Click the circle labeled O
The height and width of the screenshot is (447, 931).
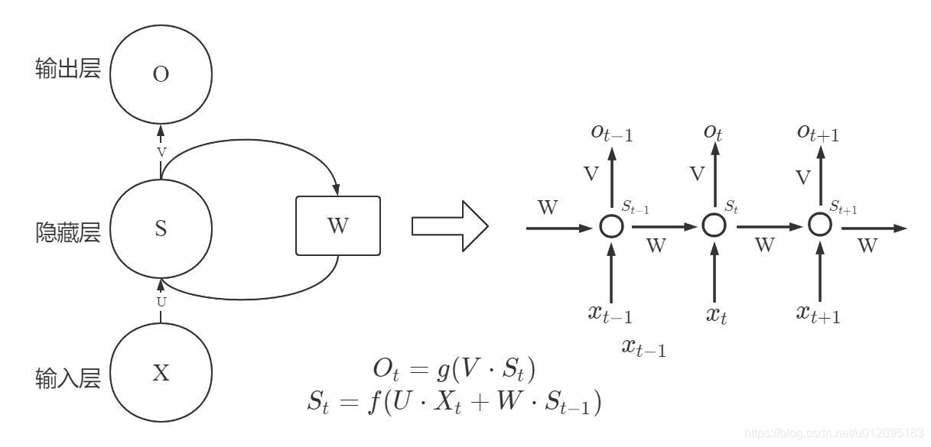coord(161,74)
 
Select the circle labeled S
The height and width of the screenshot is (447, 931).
coord(161,228)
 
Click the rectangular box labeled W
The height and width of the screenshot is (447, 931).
coord(337,225)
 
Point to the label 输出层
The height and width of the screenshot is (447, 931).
coord(68,71)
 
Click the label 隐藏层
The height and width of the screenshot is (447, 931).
coord(68,232)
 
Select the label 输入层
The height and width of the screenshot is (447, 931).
coord(68,377)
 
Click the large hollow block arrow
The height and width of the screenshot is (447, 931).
coord(449,227)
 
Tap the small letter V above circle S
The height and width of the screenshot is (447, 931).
coord(161,152)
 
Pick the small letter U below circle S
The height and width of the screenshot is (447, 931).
coord(161,301)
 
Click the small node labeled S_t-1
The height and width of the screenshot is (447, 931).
coord(610,226)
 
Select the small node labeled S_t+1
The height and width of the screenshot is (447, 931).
coord(820,225)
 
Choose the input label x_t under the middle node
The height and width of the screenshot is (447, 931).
coord(715,313)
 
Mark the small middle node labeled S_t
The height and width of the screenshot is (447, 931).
coord(714,225)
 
